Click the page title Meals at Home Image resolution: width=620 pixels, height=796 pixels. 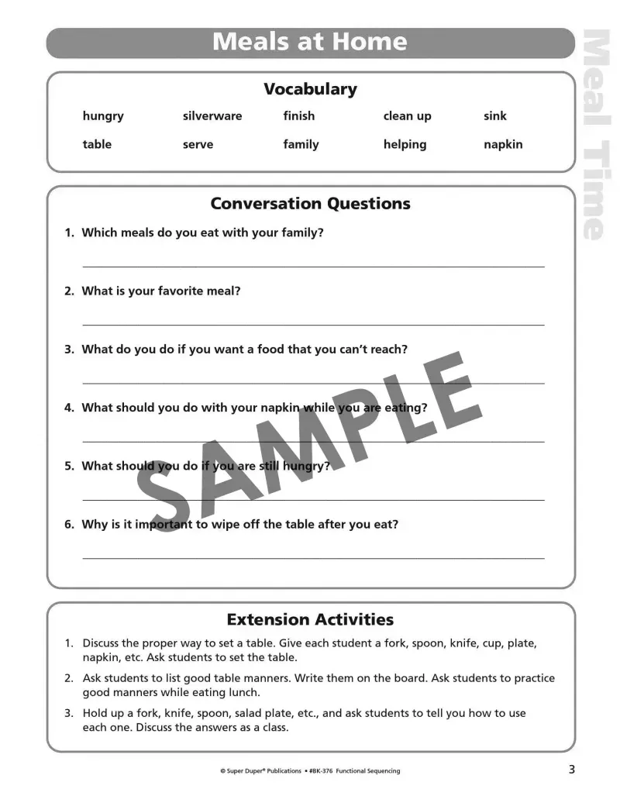[309, 42]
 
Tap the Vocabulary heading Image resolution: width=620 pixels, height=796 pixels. [310, 89]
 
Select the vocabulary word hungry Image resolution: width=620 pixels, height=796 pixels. [103, 116]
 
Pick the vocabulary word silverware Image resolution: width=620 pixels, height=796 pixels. [212, 116]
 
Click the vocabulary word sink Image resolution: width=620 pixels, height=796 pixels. [494, 116]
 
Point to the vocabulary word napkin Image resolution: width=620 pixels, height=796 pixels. [503, 145]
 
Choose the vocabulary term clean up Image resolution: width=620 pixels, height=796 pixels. [407, 116]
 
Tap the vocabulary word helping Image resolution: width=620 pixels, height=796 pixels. [405, 145]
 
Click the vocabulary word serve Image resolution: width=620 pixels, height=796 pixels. [198, 145]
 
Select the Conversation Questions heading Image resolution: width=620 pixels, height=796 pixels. [310, 204]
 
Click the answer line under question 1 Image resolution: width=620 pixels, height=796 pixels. [313, 266]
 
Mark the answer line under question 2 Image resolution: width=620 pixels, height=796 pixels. [313, 324]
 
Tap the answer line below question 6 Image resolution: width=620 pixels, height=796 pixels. [313, 557]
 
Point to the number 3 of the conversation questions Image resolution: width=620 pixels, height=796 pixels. [69, 350]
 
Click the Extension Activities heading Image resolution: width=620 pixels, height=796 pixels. [310, 619]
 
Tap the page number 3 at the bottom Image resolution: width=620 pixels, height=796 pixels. [571, 770]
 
